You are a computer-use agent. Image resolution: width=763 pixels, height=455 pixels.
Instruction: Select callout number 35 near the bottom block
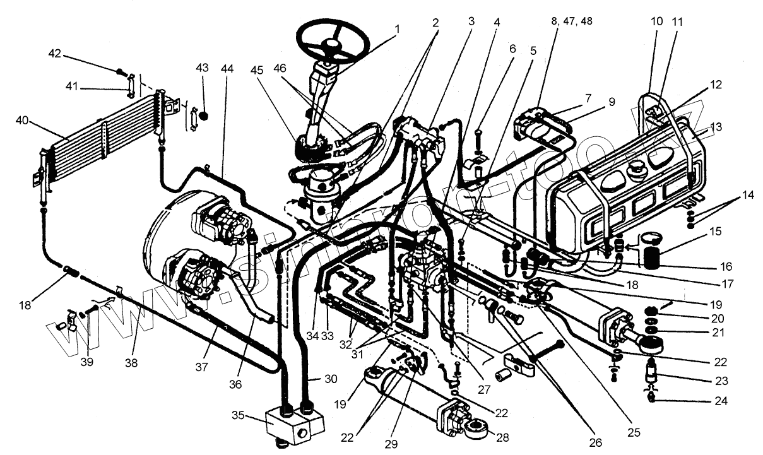238,417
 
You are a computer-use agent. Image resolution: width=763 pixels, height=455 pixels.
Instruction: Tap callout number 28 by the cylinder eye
502,437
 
